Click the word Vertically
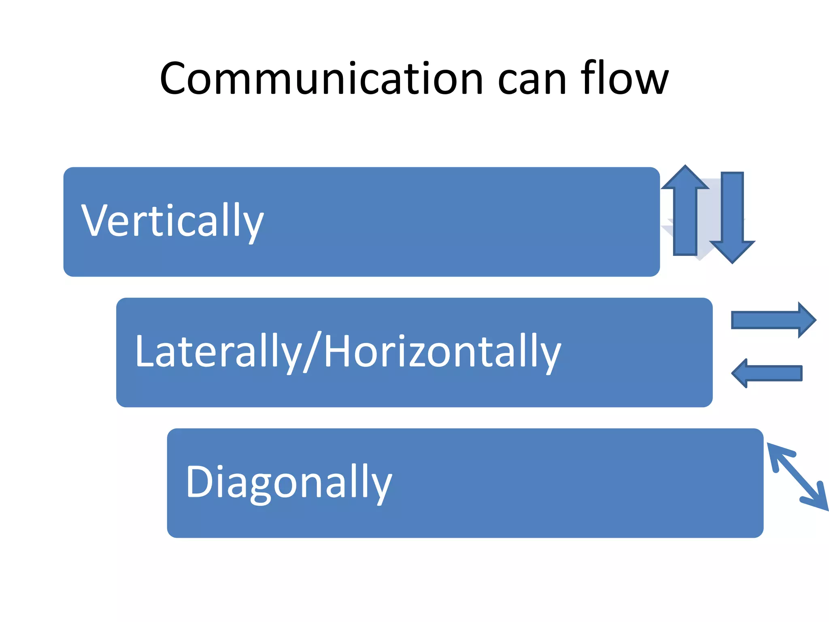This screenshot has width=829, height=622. click(x=172, y=221)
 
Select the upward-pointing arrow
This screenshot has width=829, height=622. click(x=685, y=215)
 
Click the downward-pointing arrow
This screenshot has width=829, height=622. click(x=732, y=215)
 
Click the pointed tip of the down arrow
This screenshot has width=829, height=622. click(x=732, y=262)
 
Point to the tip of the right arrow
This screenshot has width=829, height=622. click(x=815, y=320)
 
